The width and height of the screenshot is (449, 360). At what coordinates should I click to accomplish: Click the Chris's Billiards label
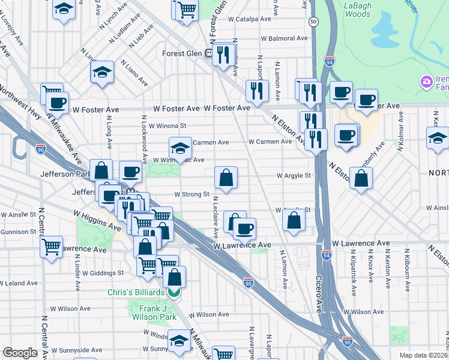point(136,292)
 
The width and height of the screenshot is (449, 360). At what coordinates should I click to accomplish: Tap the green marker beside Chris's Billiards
point(173,293)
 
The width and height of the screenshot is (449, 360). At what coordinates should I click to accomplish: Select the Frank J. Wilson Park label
point(154,313)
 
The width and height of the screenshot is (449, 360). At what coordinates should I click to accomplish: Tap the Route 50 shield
point(313,21)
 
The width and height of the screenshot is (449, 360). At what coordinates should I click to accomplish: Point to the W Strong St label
point(191,194)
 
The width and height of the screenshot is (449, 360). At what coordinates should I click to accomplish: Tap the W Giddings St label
point(103,272)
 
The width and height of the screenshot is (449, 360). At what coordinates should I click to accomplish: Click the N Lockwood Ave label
point(144,139)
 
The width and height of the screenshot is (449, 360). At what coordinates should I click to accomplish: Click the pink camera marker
point(427,81)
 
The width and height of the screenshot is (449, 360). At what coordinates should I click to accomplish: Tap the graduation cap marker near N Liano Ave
point(103,73)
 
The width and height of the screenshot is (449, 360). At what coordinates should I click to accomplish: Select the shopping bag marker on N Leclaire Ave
point(226,178)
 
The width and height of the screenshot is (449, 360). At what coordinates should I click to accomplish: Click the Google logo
point(20,353)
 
